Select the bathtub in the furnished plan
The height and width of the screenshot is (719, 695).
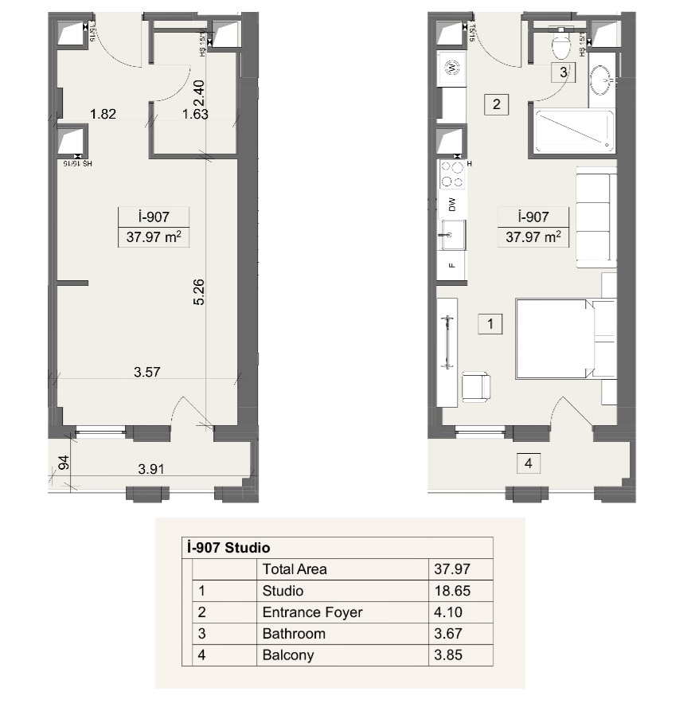point(574,132)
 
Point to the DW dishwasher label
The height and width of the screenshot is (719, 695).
point(452,204)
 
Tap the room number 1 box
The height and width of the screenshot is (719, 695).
point(490,324)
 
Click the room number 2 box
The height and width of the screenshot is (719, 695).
point(496,104)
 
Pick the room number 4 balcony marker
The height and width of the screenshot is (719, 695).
point(527,463)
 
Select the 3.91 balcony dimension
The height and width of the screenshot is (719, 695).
point(151,469)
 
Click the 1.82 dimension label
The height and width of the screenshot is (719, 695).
point(103,114)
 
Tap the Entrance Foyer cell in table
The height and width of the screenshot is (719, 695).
point(312,612)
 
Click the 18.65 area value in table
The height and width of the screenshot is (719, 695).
point(447,591)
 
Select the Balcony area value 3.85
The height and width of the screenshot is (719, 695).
point(447,655)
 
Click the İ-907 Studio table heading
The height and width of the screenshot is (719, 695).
point(227,548)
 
